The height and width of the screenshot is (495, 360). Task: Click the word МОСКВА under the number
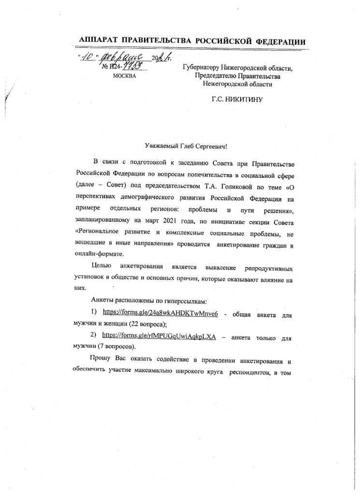[124, 76]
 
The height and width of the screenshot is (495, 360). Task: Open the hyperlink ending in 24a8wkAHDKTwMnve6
[160, 314]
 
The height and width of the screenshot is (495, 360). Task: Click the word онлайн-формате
[100, 254]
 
